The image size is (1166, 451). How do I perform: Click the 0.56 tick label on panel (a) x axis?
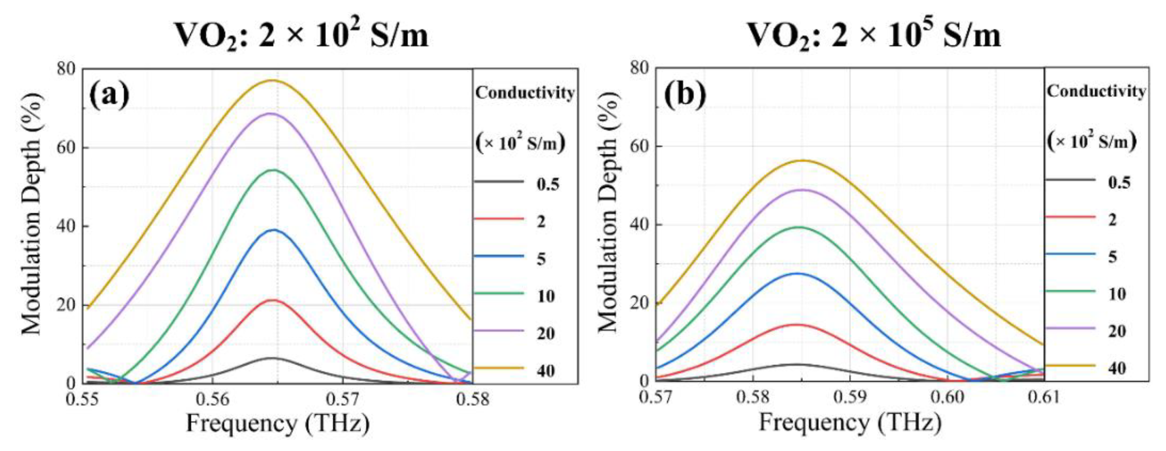213,399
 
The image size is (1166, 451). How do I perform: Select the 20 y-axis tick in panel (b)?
641,303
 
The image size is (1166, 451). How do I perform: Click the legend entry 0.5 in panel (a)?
548,184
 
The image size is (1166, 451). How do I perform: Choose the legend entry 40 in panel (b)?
1117,368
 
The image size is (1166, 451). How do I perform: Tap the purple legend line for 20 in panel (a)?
499,331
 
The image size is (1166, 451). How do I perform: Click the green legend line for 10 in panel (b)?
1070,291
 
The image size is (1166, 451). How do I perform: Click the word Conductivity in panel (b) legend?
1096,91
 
